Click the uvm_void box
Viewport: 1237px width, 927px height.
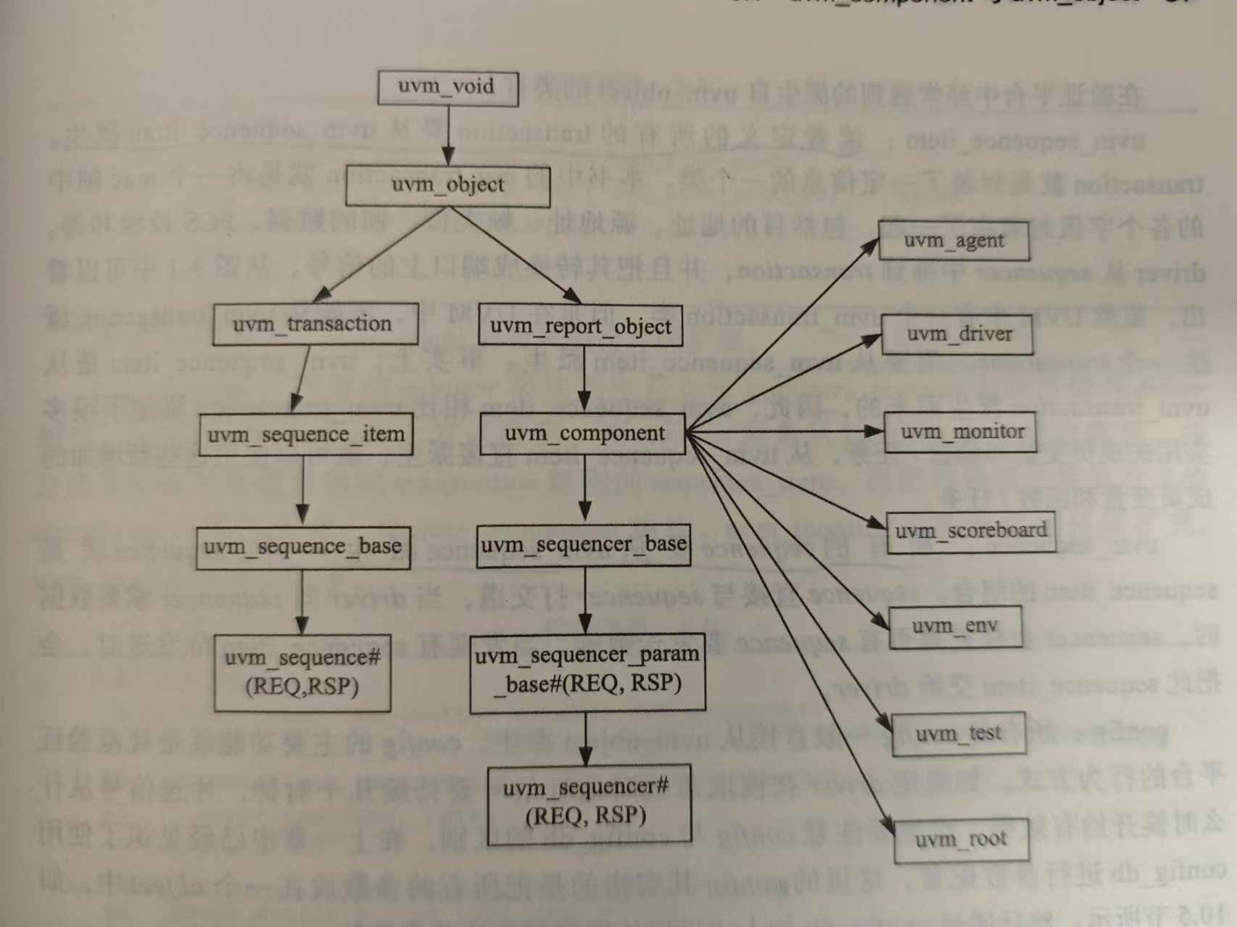coord(448,88)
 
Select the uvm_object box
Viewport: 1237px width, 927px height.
coord(447,186)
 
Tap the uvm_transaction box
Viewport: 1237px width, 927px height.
coord(315,324)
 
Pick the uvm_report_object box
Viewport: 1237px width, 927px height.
coord(581,327)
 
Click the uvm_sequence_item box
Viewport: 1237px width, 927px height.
coord(306,435)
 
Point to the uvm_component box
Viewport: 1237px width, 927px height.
coord(584,434)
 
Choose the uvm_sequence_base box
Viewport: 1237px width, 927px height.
coord(303,547)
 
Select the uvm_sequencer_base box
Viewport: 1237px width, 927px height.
coord(584,546)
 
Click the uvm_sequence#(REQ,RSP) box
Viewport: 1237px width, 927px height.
coord(302,673)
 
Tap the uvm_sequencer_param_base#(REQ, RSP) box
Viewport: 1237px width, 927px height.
coord(587,670)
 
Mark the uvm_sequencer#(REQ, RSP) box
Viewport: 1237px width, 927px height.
coord(587,803)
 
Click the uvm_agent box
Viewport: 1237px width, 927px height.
coord(954,241)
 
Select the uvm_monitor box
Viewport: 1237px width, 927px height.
coord(961,433)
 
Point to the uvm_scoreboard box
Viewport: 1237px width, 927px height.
coord(971,532)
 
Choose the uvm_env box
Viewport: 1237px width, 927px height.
coord(955,627)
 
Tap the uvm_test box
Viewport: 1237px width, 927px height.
coord(959,734)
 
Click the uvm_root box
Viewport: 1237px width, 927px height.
coord(961,841)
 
